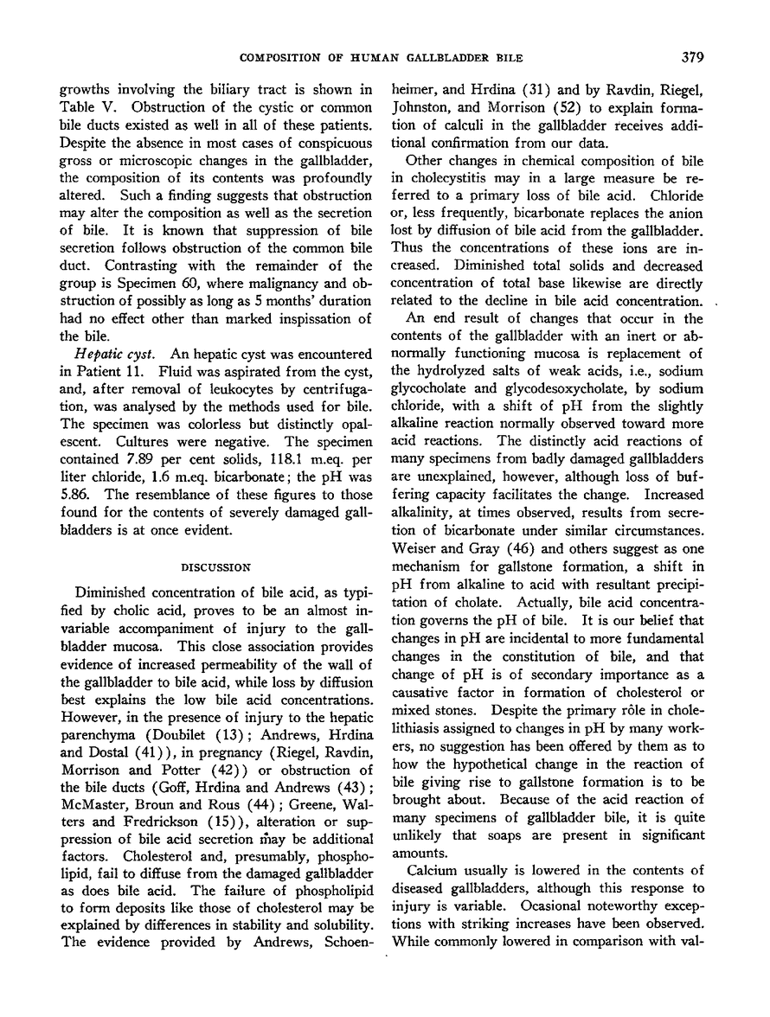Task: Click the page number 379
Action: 692,57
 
